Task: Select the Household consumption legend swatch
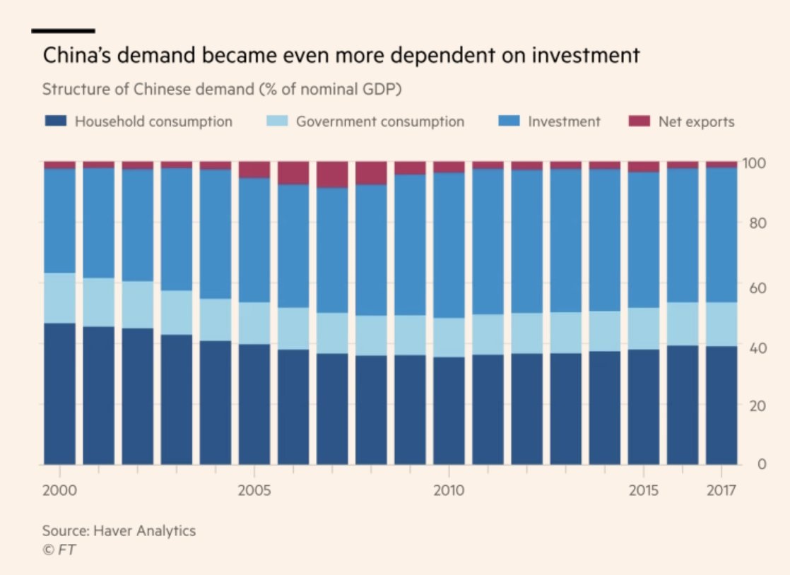tap(55, 121)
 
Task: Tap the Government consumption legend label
tap(380, 121)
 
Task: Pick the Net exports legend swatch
tap(637, 121)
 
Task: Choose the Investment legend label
tap(564, 121)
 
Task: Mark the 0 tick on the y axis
tap(762, 464)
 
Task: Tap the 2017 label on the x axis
tap(721, 490)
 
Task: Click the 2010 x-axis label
tap(449, 490)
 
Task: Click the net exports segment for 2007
tap(332, 174)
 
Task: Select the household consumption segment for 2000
tap(59, 393)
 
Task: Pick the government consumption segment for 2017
tap(721, 324)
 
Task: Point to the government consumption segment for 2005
tap(254, 324)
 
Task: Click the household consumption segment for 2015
tap(644, 406)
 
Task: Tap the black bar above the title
tap(64, 31)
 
